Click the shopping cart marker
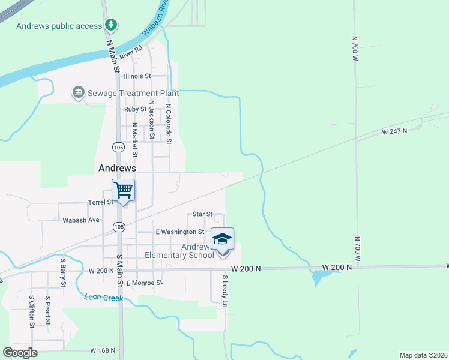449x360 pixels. (x=123, y=191)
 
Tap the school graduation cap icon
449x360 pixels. (x=222, y=239)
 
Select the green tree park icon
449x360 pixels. (x=110, y=25)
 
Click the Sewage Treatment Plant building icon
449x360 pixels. (x=78, y=93)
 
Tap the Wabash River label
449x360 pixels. (x=155, y=23)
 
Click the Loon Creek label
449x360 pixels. (x=103, y=297)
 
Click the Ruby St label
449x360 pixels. (x=135, y=109)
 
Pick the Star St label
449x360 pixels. (x=202, y=214)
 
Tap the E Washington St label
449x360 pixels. (x=180, y=232)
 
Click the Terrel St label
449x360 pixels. (x=101, y=202)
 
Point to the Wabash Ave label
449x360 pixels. (x=81, y=220)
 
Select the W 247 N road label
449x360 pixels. (x=394, y=130)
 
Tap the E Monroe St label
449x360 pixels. (x=144, y=282)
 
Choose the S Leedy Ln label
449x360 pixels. (x=225, y=292)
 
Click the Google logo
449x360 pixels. (x=20, y=353)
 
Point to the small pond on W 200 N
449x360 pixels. (x=319, y=277)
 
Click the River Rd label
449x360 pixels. (x=130, y=52)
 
